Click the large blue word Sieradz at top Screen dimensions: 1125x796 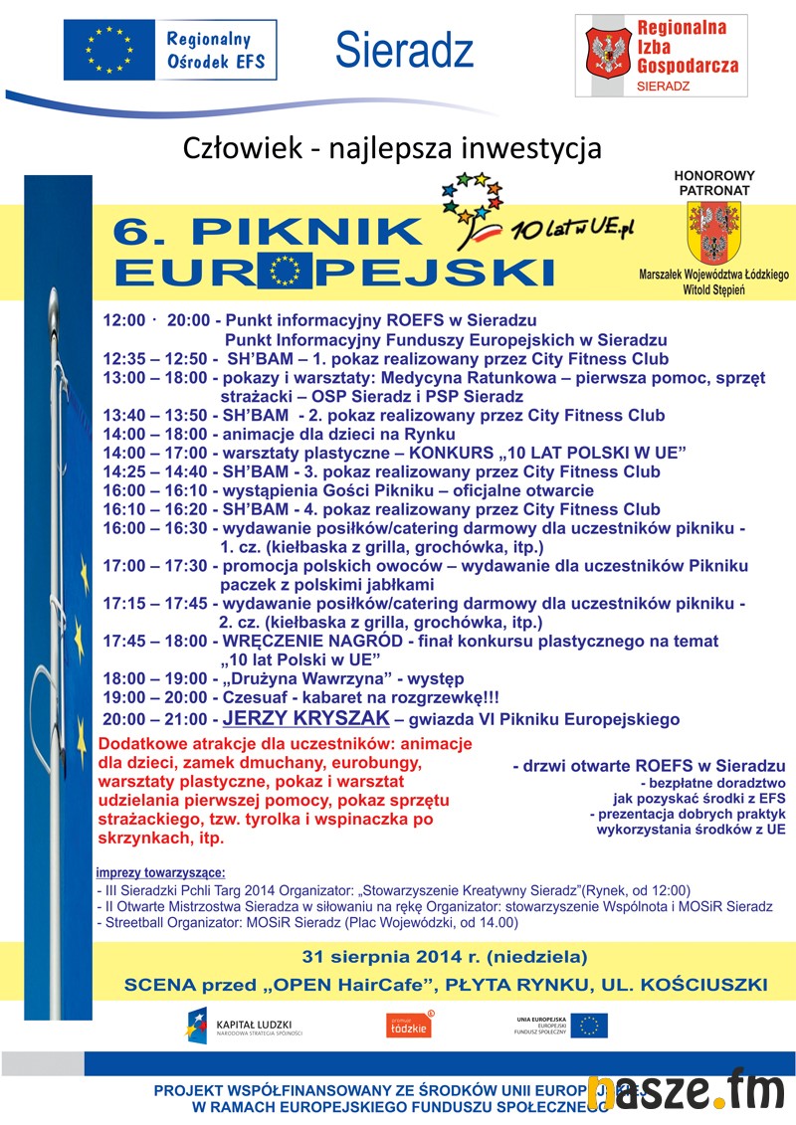404,50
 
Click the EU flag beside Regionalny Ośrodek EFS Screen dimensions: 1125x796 108,49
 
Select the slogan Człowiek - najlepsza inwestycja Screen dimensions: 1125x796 393,148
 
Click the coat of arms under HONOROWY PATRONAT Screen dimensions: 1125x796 713,232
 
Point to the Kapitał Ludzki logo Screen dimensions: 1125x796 244,1026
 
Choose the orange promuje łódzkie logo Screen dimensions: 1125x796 409,1026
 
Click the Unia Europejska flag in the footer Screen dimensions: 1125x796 588,1025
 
